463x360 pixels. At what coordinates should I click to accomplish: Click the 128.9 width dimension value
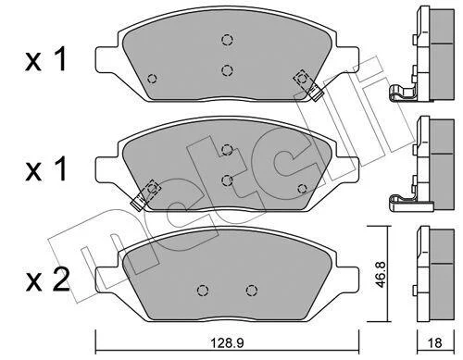pos(227,342)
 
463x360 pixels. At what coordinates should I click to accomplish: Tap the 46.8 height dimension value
pos(381,275)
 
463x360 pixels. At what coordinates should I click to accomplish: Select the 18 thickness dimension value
pos(435,342)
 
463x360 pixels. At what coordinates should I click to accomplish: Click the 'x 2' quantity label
pos(48,280)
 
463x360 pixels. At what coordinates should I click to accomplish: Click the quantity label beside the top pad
pos(46,59)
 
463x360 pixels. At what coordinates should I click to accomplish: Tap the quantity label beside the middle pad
pos(46,168)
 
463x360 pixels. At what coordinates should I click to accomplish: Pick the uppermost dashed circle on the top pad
pos(227,40)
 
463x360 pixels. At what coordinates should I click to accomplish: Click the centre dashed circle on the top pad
pos(227,70)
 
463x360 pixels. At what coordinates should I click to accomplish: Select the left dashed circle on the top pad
pos(152,79)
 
